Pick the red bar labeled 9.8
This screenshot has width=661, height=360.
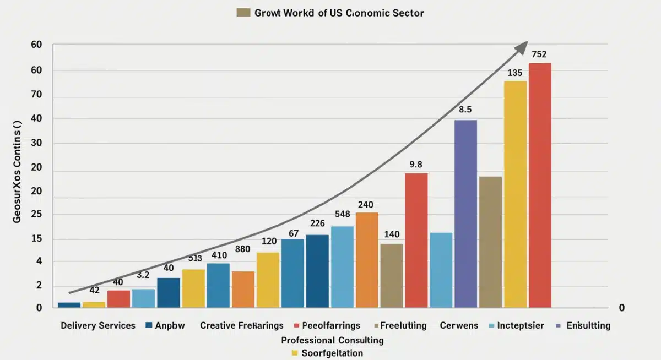pyautogui.click(x=416, y=240)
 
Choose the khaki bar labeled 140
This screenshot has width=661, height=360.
pyautogui.click(x=392, y=275)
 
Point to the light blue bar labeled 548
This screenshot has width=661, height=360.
pyautogui.click(x=342, y=266)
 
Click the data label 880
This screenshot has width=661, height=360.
pyautogui.click(x=243, y=249)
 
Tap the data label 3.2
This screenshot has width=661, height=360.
pyautogui.click(x=143, y=275)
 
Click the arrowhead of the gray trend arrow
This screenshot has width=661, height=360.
pyautogui.click(x=521, y=47)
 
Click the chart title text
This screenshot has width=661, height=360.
pyautogui.click(x=339, y=12)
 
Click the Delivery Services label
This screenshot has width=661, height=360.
pyautogui.click(x=98, y=325)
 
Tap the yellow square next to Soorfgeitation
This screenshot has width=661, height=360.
pyautogui.click(x=295, y=353)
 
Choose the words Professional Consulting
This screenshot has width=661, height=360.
pyautogui.click(x=332, y=340)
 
